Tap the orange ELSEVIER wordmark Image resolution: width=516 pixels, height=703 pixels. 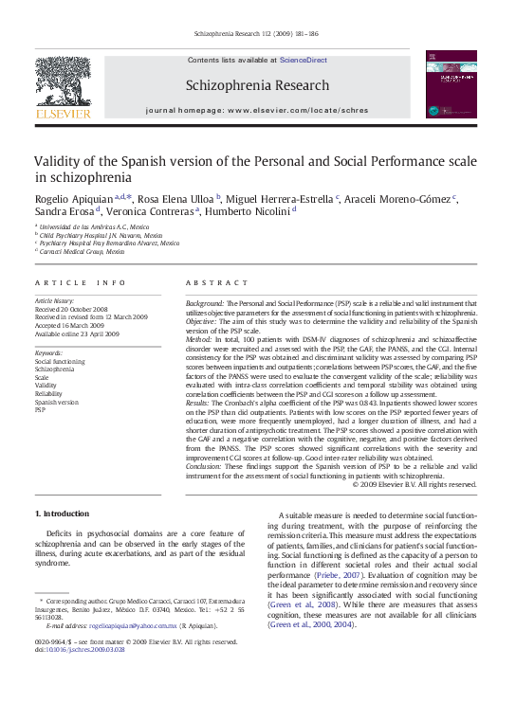(63, 114)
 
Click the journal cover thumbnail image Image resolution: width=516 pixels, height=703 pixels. (451, 84)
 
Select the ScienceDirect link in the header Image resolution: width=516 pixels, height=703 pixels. (303, 60)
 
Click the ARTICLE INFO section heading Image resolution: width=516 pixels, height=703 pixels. (80, 283)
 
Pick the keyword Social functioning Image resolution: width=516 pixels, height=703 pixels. (60, 361)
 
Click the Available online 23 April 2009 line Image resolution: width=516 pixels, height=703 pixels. (77, 334)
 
